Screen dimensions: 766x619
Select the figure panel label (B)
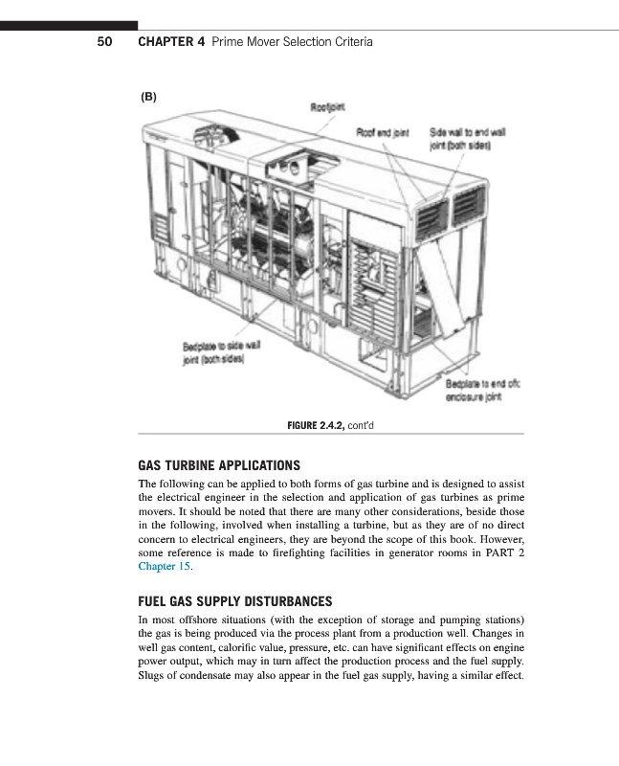[148, 97]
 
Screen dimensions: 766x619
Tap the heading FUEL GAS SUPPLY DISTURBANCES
[235, 601]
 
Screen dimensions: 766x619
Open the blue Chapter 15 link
[164, 567]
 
